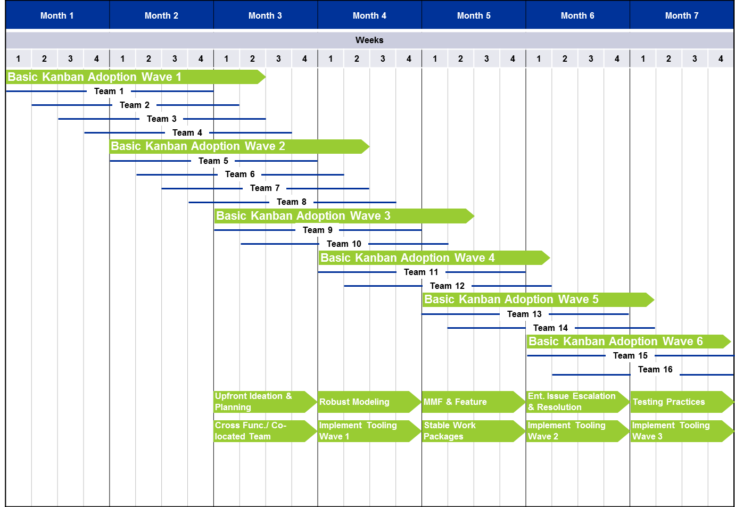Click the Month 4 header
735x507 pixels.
coord(369,15)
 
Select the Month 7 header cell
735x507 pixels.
coord(681,15)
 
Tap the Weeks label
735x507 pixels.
coord(369,40)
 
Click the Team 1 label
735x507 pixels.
coord(109,92)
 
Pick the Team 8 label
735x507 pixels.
coord(291,202)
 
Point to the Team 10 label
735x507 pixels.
coord(344,244)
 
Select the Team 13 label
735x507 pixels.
coord(524,314)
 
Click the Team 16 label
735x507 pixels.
coord(655,370)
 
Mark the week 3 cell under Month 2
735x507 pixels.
coord(175,59)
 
